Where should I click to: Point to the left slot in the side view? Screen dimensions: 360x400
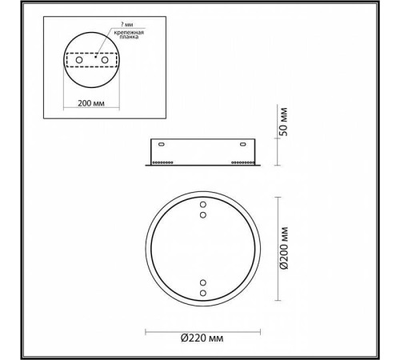tap(162, 145)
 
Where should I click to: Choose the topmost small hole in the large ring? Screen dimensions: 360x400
tap(202, 204)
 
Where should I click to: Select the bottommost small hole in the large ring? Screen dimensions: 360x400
tap(202, 294)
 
